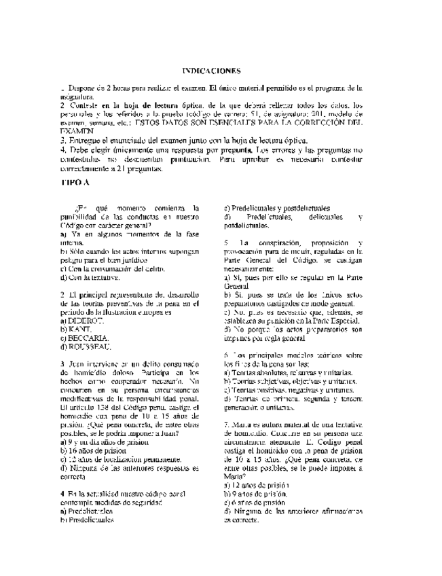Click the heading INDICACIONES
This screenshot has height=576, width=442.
coord(212,71)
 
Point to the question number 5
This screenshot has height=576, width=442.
coord(226,243)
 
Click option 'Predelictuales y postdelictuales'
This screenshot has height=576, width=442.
coord(278,208)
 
